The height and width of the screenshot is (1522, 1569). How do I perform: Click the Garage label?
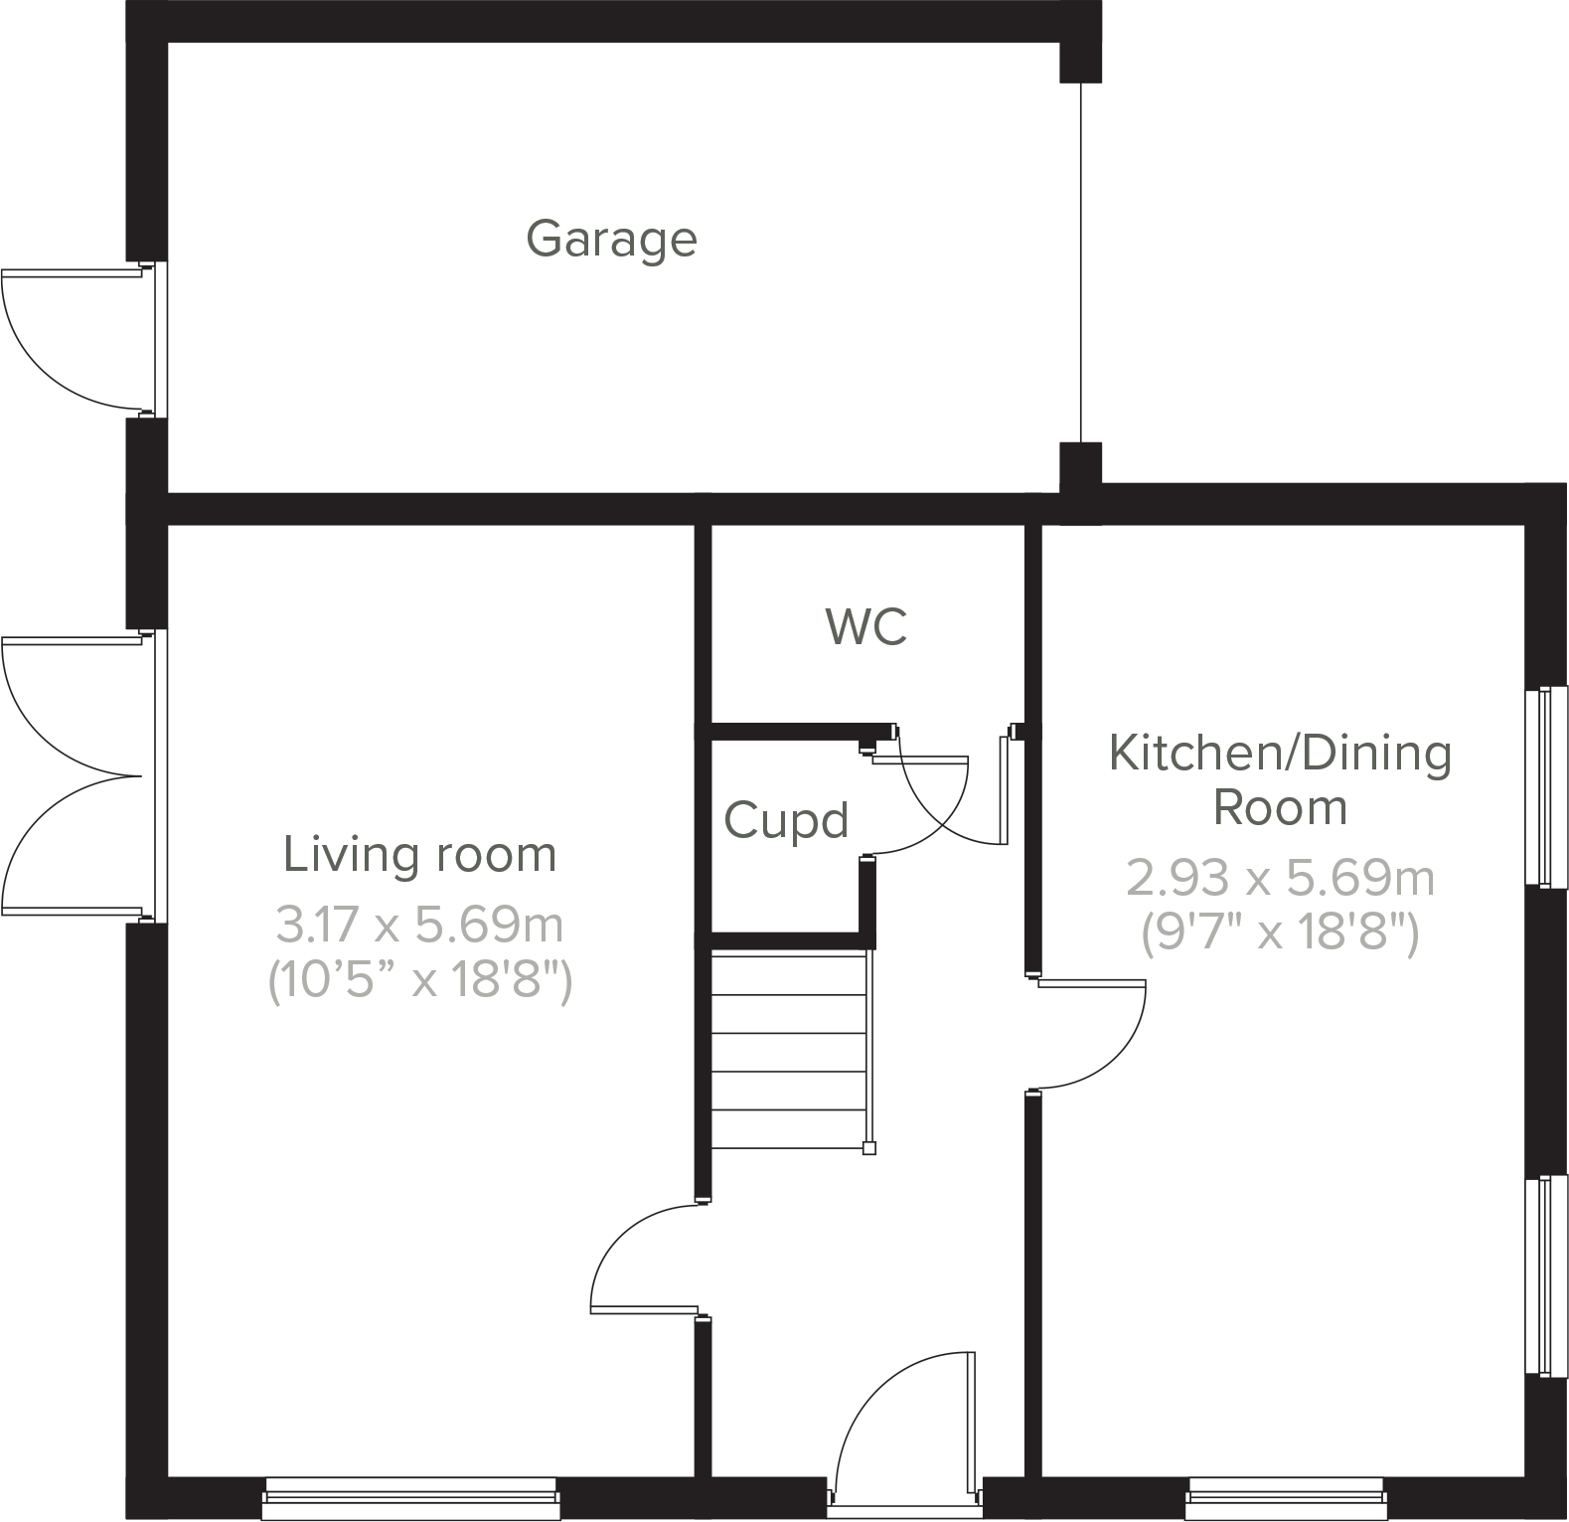611,240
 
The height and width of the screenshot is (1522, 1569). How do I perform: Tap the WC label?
865,627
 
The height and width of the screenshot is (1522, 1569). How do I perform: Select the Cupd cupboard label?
786,821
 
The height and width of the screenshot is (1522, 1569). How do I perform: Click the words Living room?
419,855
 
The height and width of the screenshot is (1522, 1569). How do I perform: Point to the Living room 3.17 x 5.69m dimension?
419,926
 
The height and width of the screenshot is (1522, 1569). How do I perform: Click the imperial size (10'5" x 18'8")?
419,981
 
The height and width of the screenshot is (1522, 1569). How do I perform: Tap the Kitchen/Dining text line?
1280,753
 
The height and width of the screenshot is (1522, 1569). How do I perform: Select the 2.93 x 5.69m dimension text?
1280,878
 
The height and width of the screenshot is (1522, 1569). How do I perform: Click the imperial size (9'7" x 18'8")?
1280,932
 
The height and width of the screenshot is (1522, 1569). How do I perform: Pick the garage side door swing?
70,339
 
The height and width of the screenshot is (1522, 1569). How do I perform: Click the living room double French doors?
70,775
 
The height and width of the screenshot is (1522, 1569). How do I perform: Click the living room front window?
409,1497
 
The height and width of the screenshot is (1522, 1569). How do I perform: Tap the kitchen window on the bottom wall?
1285,1497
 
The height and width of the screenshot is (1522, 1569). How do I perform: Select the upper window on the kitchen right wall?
1546,785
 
